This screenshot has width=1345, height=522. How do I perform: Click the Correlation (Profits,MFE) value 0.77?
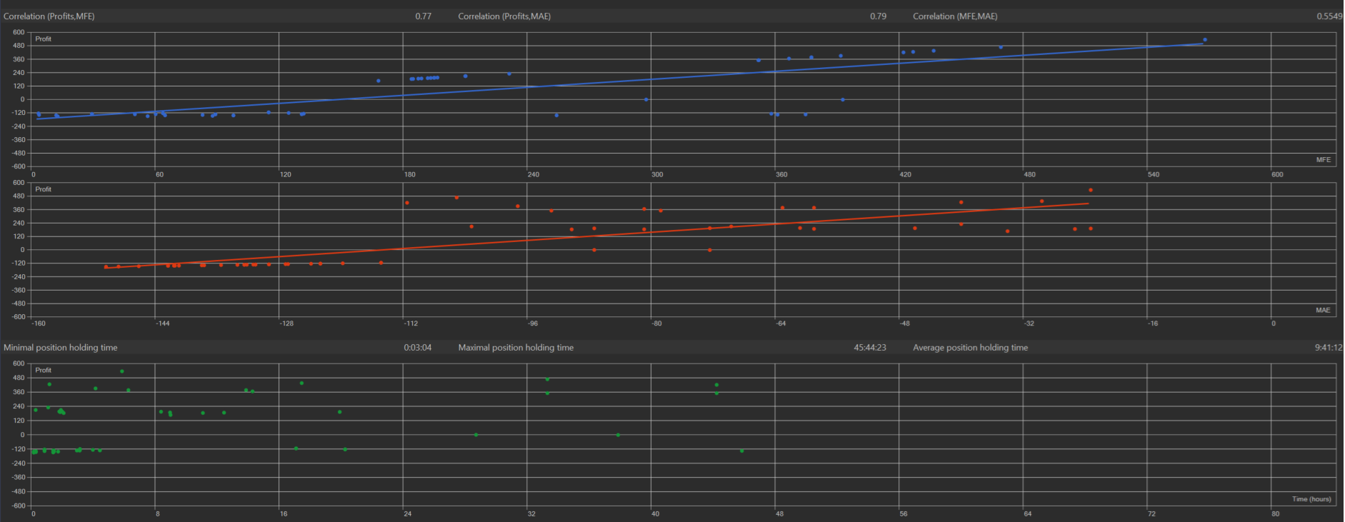pos(423,16)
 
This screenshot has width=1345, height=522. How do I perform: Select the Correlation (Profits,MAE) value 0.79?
pos(878,16)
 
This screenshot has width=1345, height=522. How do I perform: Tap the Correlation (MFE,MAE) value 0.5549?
pos(1329,16)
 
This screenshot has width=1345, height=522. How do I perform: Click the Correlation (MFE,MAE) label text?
pos(955,16)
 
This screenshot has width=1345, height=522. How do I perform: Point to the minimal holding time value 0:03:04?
pos(417,348)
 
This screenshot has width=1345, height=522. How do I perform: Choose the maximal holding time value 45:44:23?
pos(869,348)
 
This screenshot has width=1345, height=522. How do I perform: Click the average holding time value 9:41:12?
pos(1328,348)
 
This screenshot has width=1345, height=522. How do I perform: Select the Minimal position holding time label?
pos(61,348)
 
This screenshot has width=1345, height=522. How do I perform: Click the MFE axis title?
pos(1323,160)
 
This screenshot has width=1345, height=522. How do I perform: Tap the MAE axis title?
pos(1323,310)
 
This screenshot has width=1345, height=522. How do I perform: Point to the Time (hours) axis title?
pos(1311,499)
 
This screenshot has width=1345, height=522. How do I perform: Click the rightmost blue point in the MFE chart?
pos(1204,40)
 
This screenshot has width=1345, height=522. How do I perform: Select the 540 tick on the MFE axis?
pos(1153,174)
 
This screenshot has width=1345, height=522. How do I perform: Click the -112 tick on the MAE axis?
pos(411,323)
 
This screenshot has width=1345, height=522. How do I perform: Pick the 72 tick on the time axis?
pos(1151,513)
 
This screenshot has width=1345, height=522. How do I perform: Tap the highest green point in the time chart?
pos(122,371)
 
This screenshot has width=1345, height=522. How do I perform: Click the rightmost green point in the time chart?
pos(741,451)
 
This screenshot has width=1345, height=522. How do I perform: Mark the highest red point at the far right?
pos(1090,190)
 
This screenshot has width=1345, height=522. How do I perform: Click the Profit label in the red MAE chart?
pos(44,189)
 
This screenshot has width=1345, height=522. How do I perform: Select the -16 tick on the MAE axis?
pos(1153,323)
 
